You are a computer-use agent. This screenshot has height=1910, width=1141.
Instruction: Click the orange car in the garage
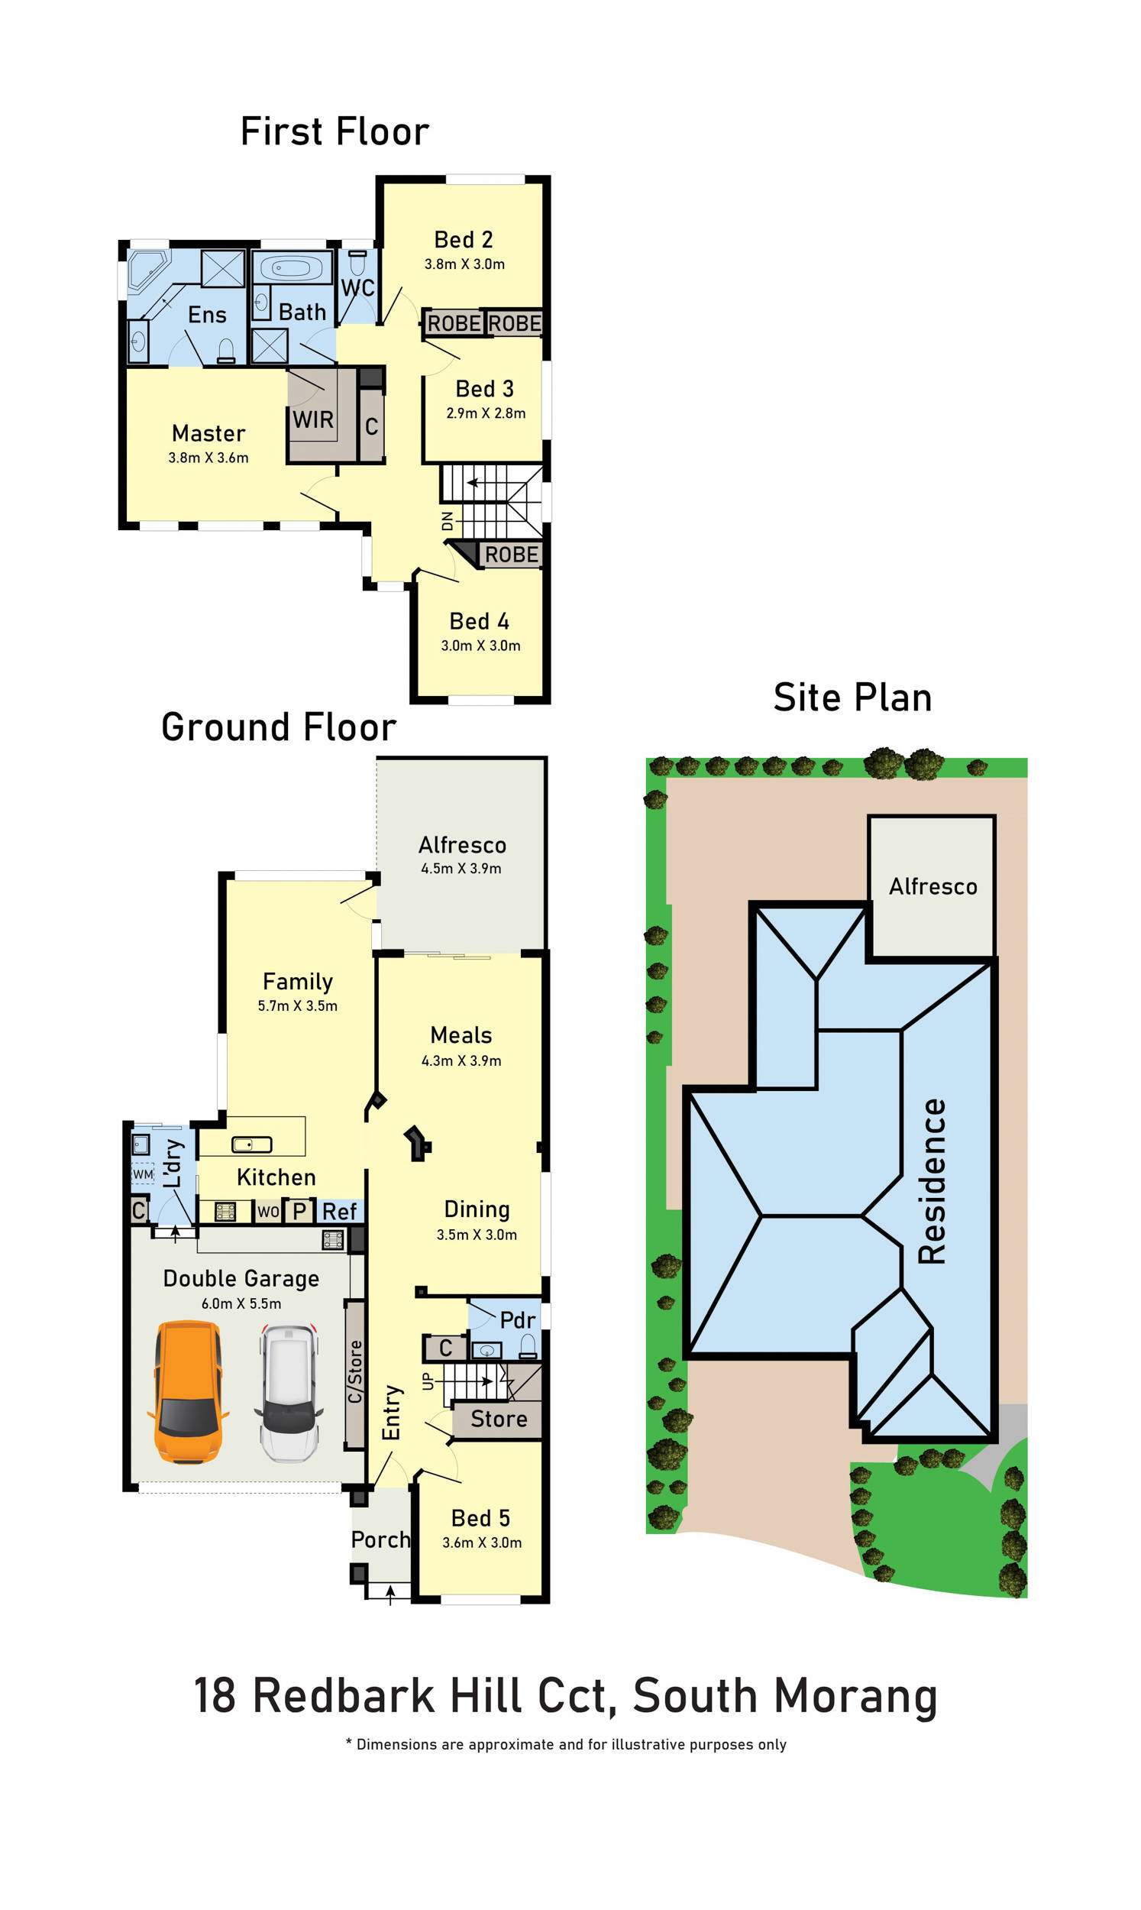(x=189, y=1393)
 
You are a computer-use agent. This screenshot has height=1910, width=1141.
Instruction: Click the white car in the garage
(x=289, y=1393)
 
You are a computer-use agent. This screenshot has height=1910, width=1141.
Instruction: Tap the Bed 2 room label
(x=464, y=240)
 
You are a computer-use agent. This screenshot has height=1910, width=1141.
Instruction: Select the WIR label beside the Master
(x=313, y=420)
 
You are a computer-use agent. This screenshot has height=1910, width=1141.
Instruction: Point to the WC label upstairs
(x=357, y=287)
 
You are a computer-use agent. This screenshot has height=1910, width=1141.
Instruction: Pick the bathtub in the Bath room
(x=292, y=268)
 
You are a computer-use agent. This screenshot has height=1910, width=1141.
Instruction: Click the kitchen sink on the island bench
(x=252, y=1145)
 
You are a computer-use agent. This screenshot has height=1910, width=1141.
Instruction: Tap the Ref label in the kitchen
(x=339, y=1212)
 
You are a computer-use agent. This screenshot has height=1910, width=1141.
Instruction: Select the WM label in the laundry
(x=143, y=1174)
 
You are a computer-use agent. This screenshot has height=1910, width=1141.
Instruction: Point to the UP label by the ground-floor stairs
(x=428, y=1381)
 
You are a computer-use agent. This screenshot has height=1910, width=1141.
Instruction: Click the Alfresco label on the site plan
(x=933, y=886)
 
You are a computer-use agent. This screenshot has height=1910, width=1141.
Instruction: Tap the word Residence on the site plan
(x=932, y=1181)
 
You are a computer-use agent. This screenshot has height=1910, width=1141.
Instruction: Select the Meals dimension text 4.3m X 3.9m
(x=461, y=1060)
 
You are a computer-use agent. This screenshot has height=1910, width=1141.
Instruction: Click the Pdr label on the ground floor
(x=518, y=1320)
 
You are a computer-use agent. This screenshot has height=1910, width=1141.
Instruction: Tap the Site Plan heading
(x=852, y=698)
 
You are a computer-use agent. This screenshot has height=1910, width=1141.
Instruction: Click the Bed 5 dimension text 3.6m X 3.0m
(x=482, y=1543)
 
